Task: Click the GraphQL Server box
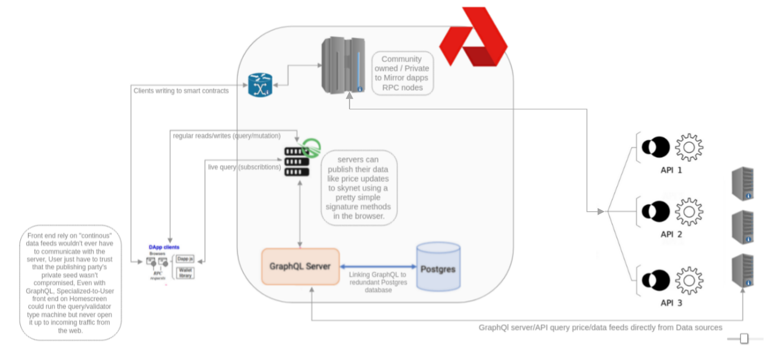(x=300, y=266)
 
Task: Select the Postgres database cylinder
(x=438, y=267)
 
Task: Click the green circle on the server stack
(x=310, y=147)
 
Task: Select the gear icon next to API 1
(x=689, y=148)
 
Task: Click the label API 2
(x=671, y=234)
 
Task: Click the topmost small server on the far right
(x=742, y=183)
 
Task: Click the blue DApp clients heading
(x=164, y=247)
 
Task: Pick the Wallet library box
(x=185, y=272)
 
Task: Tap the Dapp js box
(x=185, y=260)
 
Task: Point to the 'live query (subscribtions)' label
(x=244, y=167)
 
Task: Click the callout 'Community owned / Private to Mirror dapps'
(x=402, y=74)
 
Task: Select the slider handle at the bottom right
(x=743, y=339)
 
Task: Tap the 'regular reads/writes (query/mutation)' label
(x=226, y=136)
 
